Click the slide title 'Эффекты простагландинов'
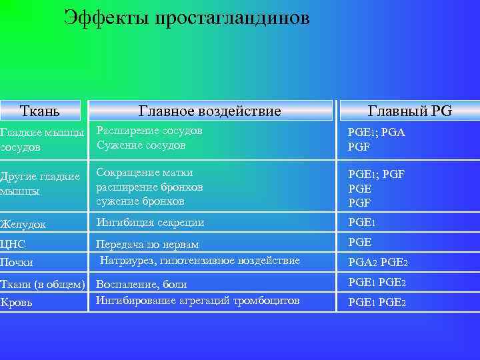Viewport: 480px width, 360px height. pyautogui.click(x=187, y=18)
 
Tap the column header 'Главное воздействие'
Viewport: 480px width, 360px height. pyautogui.click(x=209, y=111)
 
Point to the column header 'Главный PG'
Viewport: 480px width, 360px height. pyautogui.click(x=410, y=111)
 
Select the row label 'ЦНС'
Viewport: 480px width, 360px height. pyautogui.click(x=13, y=244)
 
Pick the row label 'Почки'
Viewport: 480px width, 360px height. pyautogui.click(x=17, y=262)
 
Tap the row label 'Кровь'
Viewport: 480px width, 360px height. pyautogui.click(x=17, y=303)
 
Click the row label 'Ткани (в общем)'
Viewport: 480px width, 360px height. pyautogui.click(x=43, y=285)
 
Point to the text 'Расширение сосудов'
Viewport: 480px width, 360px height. pyautogui.click(x=149, y=131)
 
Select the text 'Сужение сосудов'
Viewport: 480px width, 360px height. pyautogui.click(x=141, y=145)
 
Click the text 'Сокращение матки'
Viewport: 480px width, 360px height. pyautogui.click(x=145, y=173)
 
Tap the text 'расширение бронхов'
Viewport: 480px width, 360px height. pyautogui.click(x=149, y=187)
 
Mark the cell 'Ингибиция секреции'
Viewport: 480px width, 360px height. pyautogui.click(x=151, y=223)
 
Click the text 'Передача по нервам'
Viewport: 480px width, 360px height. pyautogui.click(x=148, y=245)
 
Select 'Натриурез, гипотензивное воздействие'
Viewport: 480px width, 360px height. pyautogui.click(x=200, y=261)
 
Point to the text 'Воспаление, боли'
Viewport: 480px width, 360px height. pyautogui.click(x=141, y=285)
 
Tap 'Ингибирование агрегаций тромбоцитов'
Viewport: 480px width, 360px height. pyautogui.click(x=198, y=301)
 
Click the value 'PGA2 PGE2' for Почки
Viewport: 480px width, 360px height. pyautogui.click(x=377, y=262)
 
